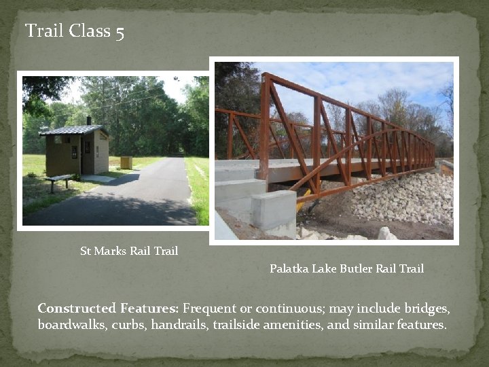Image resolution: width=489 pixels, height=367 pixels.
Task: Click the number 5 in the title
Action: [x=120, y=32]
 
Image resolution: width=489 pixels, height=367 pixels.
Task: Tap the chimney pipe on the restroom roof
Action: [x=88, y=120]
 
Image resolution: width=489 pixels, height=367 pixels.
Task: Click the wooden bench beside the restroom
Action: [x=60, y=179]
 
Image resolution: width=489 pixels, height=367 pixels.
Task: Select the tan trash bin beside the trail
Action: [x=126, y=162]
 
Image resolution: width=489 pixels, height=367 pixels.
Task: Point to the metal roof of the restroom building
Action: [x=73, y=130]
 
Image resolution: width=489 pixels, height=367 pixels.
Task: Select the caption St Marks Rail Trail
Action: [x=129, y=251]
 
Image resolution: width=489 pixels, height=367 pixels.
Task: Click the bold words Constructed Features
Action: [x=108, y=308]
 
